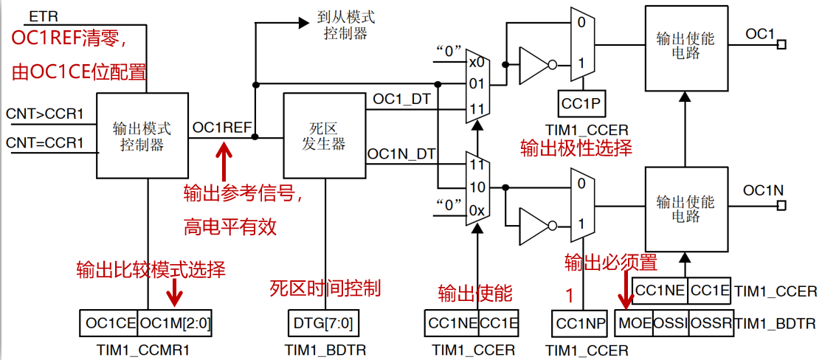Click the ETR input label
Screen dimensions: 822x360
point(40,15)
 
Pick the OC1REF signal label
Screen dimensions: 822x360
point(222,128)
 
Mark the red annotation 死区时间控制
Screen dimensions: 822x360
point(325,288)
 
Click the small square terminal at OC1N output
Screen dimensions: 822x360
point(781,206)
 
